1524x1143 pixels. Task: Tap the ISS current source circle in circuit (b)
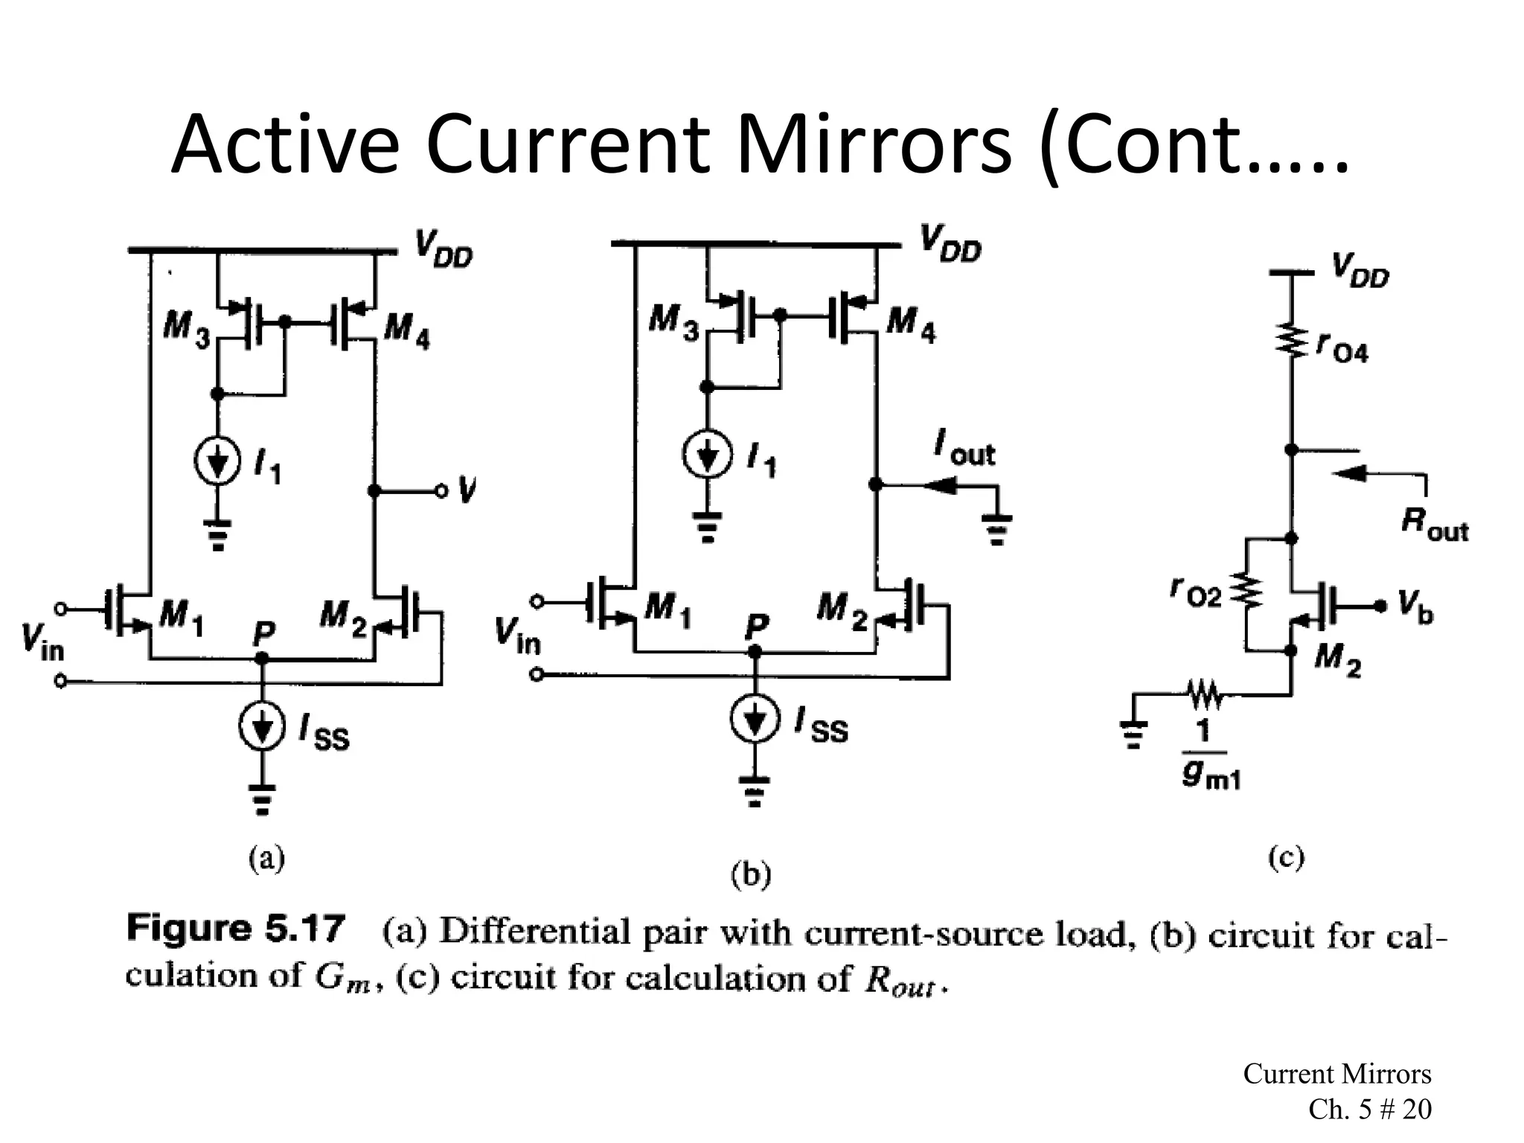pos(755,720)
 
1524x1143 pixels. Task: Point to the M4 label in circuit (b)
pos(911,324)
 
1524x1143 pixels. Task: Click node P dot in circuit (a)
pos(261,659)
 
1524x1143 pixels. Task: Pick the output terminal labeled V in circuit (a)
pos(442,490)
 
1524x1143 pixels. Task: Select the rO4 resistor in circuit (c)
pos(1293,341)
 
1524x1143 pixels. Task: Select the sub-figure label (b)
pos(751,875)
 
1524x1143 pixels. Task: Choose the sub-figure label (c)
pos(1285,858)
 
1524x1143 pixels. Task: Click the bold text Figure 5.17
pos(236,929)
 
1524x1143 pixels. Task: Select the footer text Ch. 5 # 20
pos(1369,1109)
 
